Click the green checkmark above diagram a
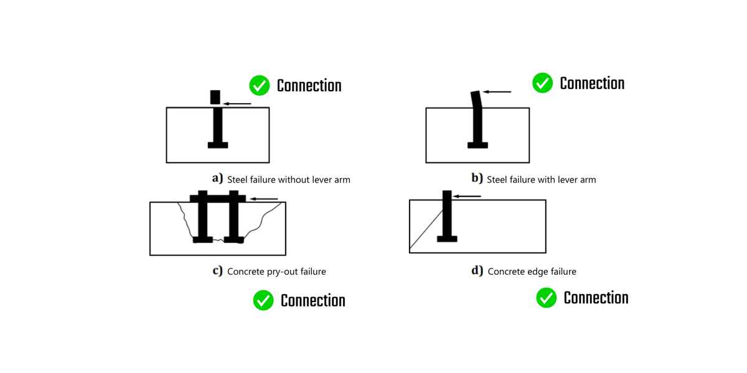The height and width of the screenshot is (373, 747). tap(259, 86)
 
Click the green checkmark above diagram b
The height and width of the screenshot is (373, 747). tap(543, 83)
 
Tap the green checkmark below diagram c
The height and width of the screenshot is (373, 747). tap(263, 301)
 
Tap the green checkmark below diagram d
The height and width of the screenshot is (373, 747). tap(547, 298)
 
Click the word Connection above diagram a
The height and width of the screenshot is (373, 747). tap(309, 86)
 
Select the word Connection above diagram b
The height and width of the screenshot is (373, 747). tap(592, 83)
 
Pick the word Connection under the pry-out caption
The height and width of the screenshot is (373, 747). tap(312, 301)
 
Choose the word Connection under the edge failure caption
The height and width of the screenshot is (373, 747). tap(596, 298)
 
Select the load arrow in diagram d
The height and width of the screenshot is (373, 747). tap(466, 196)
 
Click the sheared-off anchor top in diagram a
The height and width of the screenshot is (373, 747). tap(215, 97)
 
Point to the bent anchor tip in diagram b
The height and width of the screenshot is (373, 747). tap(475, 98)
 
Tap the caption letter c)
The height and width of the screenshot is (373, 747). tap(218, 271)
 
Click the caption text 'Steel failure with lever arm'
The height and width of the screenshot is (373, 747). tap(541, 180)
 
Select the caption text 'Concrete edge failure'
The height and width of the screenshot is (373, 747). tap(532, 272)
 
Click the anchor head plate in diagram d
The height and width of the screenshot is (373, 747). tap(447, 239)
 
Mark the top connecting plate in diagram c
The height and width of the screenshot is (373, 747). tap(218, 198)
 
